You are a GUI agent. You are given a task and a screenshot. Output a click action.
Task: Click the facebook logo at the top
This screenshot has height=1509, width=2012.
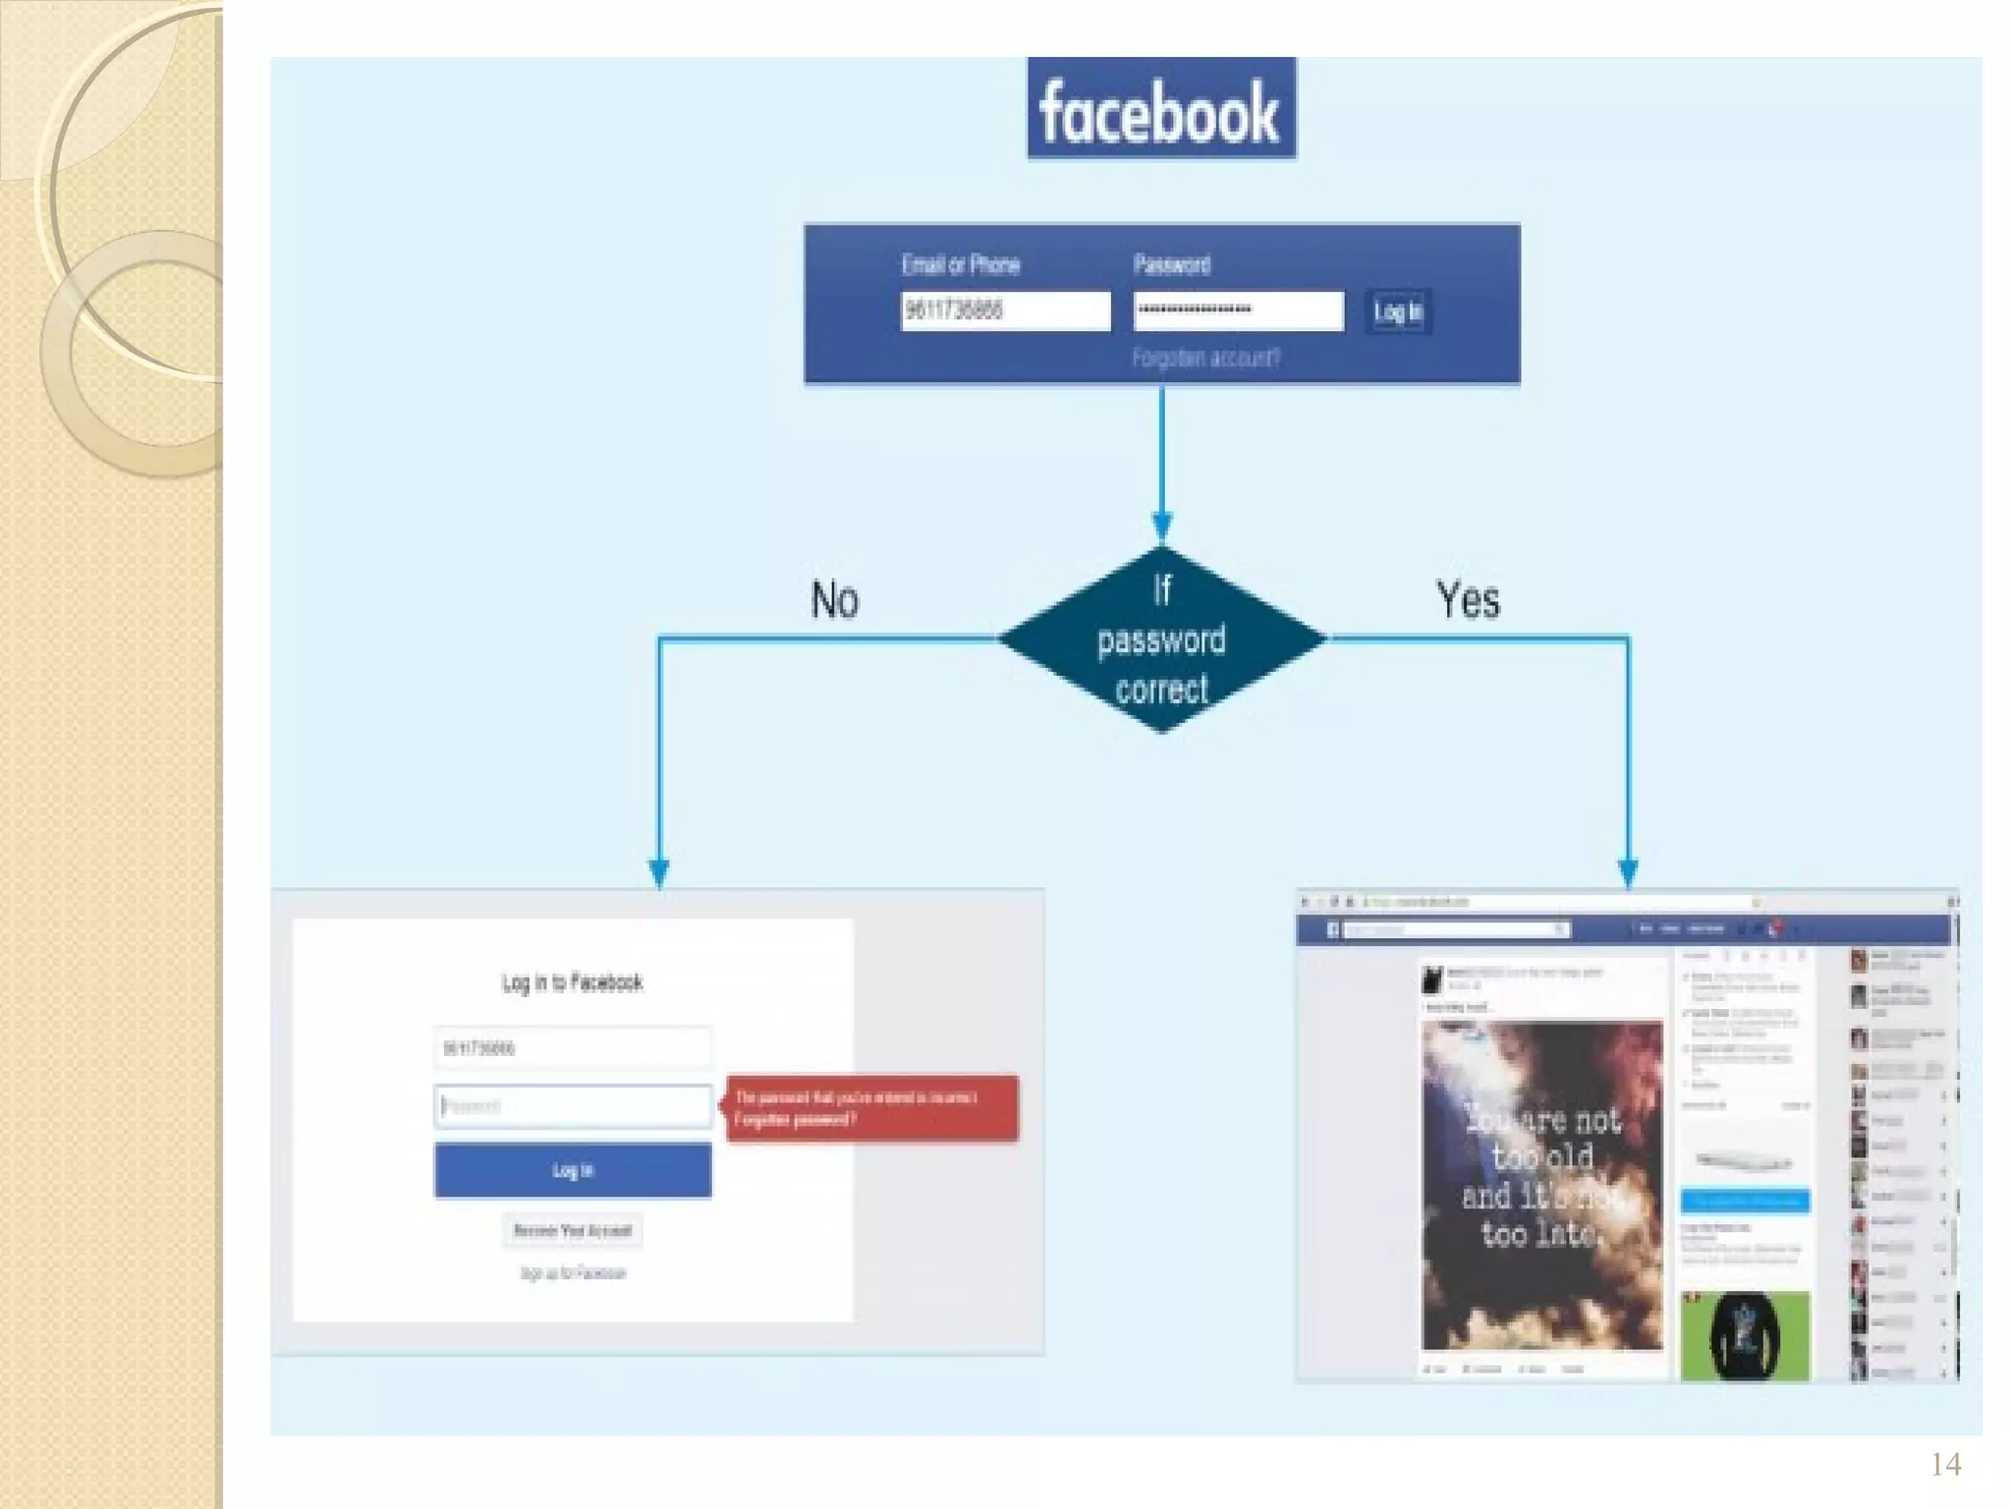(1161, 109)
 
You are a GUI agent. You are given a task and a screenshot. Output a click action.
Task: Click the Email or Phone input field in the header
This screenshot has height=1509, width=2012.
(1005, 310)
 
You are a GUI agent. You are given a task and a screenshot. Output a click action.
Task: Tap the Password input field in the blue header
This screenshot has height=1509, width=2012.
(1238, 310)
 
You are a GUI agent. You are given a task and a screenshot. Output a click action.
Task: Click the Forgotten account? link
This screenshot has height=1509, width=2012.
(1205, 358)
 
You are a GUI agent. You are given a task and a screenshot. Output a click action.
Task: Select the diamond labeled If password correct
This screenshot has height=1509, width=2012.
(1162, 640)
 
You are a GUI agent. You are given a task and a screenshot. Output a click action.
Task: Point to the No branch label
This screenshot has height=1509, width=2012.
(834, 599)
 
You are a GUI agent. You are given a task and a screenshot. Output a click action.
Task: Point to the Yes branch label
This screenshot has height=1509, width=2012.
(1468, 599)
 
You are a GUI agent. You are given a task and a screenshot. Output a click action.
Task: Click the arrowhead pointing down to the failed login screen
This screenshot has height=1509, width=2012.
(659, 871)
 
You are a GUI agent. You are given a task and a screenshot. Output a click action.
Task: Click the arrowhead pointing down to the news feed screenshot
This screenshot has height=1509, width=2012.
(1628, 871)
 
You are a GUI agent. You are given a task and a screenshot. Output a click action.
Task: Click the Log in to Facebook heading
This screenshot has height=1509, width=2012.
(572, 982)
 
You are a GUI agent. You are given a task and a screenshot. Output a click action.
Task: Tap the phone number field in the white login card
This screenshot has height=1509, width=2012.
(573, 1048)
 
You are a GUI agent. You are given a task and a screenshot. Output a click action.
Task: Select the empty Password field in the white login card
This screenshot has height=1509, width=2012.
(573, 1106)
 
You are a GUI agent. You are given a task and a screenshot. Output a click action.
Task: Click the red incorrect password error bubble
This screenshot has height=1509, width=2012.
(871, 1108)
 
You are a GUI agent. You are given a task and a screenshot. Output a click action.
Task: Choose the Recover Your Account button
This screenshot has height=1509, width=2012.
(573, 1230)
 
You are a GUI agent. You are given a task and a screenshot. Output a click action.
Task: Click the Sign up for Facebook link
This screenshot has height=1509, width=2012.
(573, 1273)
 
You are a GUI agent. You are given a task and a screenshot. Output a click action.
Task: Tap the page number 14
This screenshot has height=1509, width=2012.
(1945, 1465)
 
